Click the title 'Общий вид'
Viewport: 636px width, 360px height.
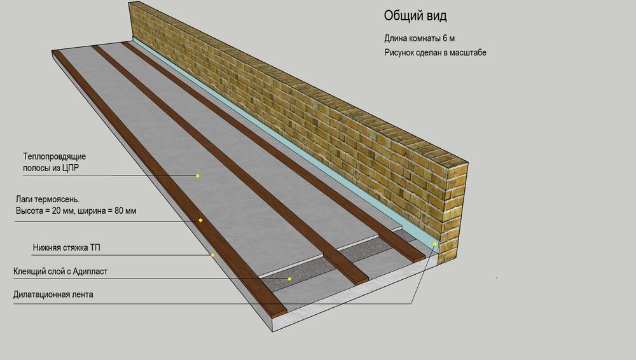point(415,16)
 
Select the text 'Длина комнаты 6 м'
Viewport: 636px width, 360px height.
point(419,39)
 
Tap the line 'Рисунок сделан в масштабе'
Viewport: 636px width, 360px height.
point(435,53)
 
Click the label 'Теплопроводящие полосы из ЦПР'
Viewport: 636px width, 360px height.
point(54,162)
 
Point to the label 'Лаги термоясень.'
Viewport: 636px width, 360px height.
point(48,199)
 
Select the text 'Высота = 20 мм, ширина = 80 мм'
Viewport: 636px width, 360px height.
point(76,211)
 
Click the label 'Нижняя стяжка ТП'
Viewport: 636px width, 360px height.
point(67,247)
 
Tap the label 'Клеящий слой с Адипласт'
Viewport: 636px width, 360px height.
point(60,272)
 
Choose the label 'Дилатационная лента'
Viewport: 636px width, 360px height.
point(53,294)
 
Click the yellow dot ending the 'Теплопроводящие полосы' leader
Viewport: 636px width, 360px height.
point(198,176)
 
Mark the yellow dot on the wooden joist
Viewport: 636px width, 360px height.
point(200,220)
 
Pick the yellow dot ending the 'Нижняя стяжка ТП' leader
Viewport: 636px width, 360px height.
point(212,255)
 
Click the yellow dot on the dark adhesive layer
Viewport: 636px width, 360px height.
point(289,279)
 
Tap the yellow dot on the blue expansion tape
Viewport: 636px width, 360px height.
point(434,244)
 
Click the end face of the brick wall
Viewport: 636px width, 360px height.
point(457,212)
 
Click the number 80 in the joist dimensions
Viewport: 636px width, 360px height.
point(120,211)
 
